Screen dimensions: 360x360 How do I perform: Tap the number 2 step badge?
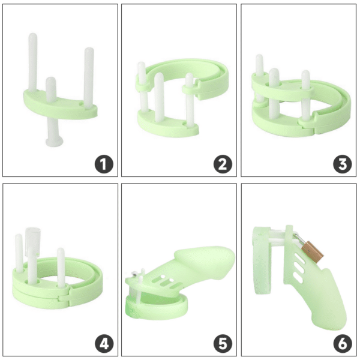tap(223, 164)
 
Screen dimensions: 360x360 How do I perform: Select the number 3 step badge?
tap(343, 164)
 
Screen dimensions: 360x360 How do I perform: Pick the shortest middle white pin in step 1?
tap(52, 89)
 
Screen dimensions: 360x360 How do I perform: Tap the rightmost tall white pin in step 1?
tap(89, 75)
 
